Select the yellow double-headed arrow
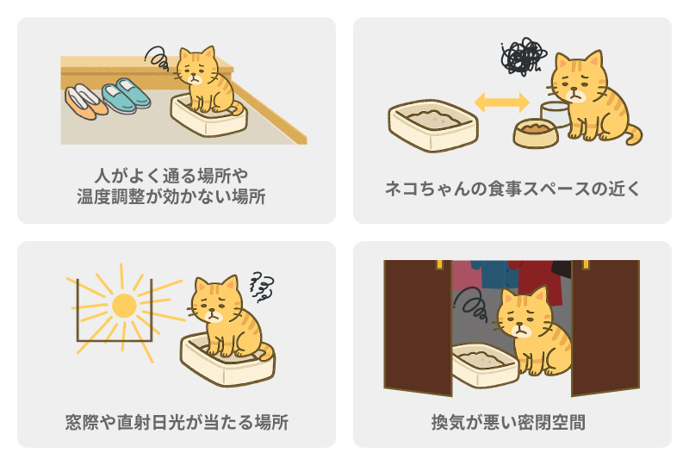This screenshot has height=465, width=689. tap(502, 102)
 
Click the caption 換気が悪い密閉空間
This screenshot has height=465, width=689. tap(508, 423)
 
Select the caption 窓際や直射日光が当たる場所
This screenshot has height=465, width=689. tap(177, 423)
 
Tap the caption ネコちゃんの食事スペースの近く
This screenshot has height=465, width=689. tap(512, 189)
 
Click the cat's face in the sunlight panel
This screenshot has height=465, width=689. tap(214, 303)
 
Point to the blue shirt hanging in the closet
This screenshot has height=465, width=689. tap(494, 274)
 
